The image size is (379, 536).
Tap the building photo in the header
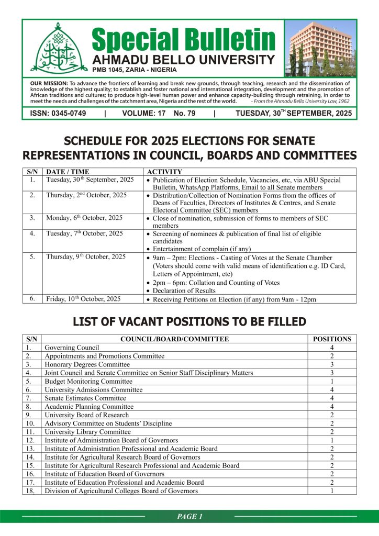coord(320,49)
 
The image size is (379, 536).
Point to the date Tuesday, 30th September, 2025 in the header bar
coord(294,113)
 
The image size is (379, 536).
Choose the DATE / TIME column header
coord(68,172)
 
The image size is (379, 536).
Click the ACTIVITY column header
coord(164,172)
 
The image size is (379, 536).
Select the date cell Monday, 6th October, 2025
coord(84,218)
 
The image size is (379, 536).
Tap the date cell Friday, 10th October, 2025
coord(84,299)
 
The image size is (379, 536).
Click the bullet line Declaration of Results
coord(183,291)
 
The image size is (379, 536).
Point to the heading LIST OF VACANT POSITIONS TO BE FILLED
coord(189,321)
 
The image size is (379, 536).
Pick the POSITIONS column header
coord(331,339)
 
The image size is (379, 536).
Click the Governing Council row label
coord(72,348)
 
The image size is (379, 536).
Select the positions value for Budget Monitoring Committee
coord(331,381)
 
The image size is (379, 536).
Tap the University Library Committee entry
coord(87,432)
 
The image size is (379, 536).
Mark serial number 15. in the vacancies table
coord(31,465)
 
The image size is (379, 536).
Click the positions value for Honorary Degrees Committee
coord(331,364)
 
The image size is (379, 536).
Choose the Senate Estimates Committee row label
coord(85,398)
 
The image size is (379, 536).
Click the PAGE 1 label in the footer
coord(189,517)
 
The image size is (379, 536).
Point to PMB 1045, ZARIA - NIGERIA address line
coord(135,70)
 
